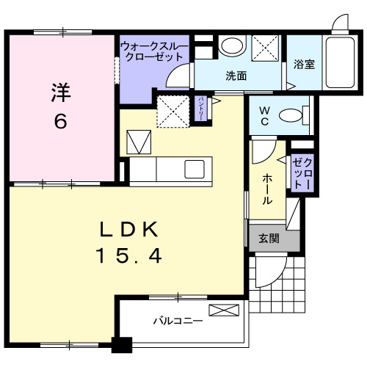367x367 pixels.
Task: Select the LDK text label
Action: pos(129,230)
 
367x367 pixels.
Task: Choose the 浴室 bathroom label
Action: pos(304,64)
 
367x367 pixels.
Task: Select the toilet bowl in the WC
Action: pos(294,115)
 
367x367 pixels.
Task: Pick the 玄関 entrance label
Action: pos(269,239)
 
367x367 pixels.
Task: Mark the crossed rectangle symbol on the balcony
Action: pos(224,310)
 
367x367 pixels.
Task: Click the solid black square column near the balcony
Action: pos(121,344)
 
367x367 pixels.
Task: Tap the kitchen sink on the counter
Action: pos(195,168)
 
